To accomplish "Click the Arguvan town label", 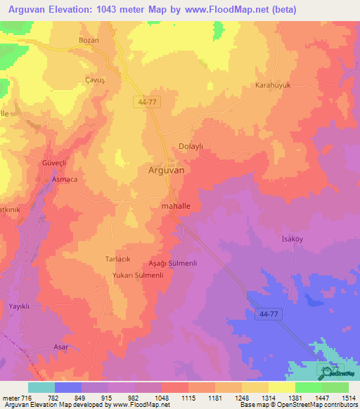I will pyautogui.click(x=167, y=170).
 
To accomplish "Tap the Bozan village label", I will pyautogui.click(x=89, y=41).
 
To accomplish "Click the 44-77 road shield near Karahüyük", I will pyautogui.click(x=146, y=102).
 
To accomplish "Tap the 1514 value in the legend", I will pyautogui.click(x=348, y=398).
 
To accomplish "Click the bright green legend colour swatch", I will pyautogui.click(x=309, y=387).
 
